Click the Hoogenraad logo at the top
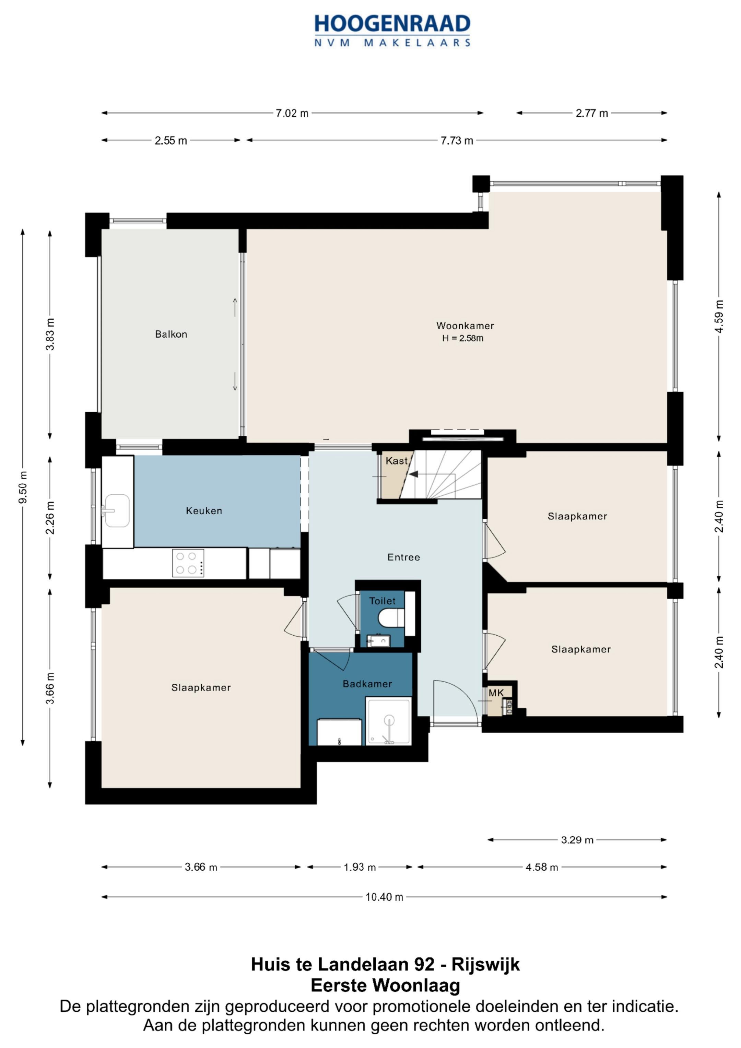coord(392,31)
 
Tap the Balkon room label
coord(171,334)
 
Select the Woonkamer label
coord(465,326)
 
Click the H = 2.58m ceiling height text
coord(462,339)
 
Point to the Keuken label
coord(204,511)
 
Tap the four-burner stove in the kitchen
coord(188,563)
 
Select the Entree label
coord(403,557)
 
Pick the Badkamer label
coord(367,684)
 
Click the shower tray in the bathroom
coord(389,721)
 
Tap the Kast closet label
coord(396,461)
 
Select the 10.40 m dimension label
coord(385,897)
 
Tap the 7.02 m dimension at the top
coord(292,113)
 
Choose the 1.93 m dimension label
coord(360,867)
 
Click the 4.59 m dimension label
coord(719,316)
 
